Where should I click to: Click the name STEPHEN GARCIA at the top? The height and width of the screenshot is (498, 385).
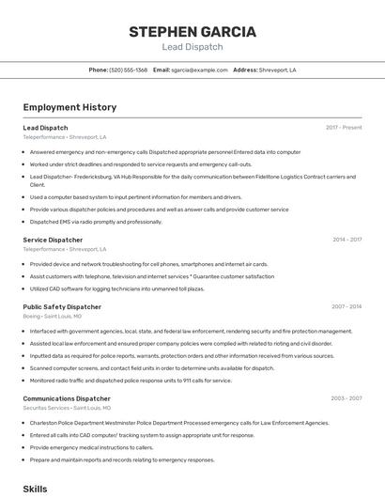pos(192,32)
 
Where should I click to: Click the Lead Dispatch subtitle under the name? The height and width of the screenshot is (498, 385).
pos(192,47)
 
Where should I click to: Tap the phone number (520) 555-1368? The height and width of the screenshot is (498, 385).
pos(129,70)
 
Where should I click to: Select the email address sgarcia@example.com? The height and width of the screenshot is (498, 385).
pos(199,70)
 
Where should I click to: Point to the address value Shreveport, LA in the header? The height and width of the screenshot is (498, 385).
pos(279,70)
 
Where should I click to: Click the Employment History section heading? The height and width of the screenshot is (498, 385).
pos(69,107)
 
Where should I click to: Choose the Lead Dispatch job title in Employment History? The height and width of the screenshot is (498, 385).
pos(45,127)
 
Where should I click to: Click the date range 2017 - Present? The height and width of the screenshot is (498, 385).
pos(344,127)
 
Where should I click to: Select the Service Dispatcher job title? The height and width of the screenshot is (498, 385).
pos(53,240)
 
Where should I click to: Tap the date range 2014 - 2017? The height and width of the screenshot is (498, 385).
pos(346,240)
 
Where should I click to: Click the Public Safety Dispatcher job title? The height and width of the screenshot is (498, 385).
pos(62,306)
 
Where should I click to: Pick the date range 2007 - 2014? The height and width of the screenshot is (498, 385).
pos(346,306)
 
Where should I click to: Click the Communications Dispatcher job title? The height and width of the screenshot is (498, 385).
pos(67,398)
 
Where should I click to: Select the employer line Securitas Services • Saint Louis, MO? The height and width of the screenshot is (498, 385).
pos(67,408)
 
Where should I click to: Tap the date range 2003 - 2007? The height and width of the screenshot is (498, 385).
pos(346,398)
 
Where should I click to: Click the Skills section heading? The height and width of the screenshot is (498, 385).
pos(35,489)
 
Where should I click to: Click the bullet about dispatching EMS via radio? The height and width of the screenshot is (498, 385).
pos(96,222)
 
